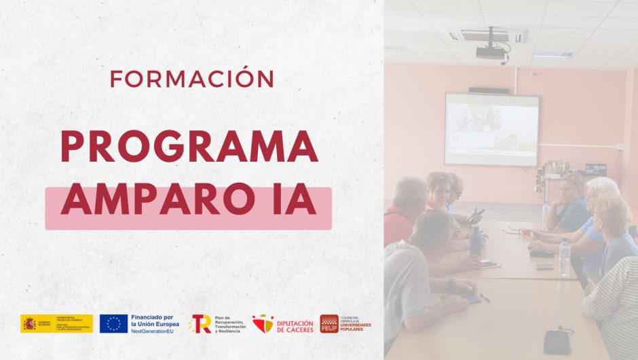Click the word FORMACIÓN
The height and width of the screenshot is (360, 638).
click(192, 79)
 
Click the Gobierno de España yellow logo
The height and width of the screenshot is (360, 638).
click(56, 323)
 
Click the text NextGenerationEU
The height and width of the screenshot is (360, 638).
click(156, 331)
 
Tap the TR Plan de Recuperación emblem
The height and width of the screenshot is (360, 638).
click(201, 323)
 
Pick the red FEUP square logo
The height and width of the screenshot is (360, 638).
click(329, 324)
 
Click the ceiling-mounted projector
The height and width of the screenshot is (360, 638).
click(490, 52)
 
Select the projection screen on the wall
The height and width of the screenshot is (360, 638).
click(491, 129)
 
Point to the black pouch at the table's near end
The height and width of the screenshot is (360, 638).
click(555, 340)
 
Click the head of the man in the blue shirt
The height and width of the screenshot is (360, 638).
click(571, 185)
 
